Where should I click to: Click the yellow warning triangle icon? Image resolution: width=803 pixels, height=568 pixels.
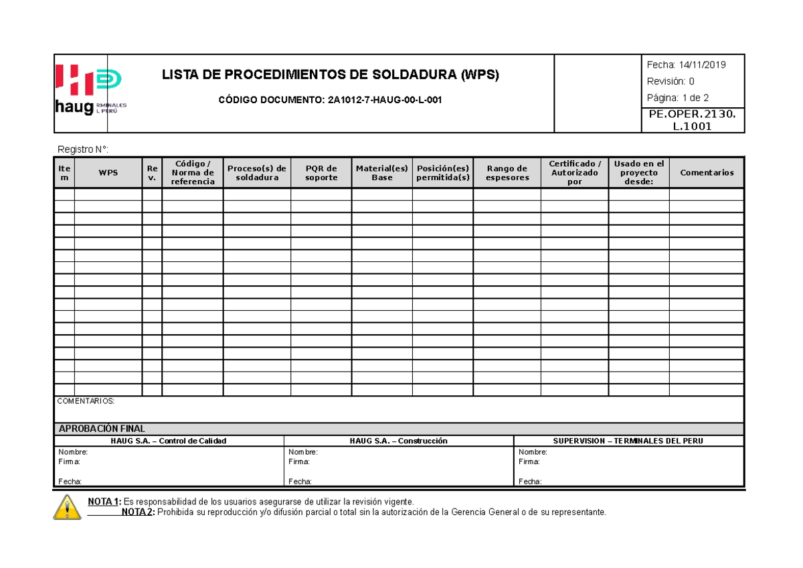tap(67, 507)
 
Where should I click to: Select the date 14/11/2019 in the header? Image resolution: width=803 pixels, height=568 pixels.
tap(702, 65)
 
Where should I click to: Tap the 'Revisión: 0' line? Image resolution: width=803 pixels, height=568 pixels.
tap(671, 82)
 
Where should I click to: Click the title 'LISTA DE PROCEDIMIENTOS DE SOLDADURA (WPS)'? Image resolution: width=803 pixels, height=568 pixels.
tap(331, 75)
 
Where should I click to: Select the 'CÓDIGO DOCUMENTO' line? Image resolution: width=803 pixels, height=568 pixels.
tap(331, 100)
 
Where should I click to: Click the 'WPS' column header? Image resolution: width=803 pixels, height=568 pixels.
tap(108, 173)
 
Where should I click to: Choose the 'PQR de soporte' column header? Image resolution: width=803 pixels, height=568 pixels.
tap(321, 173)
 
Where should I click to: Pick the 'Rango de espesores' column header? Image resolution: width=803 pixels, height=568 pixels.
tap(507, 173)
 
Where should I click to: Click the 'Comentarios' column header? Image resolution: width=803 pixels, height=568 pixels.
tap(707, 173)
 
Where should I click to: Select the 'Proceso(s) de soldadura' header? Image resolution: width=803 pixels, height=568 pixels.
tap(257, 173)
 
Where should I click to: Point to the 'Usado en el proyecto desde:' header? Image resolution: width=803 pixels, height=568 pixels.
tap(639, 173)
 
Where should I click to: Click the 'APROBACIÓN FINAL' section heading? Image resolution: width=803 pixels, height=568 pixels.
tap(102, 429)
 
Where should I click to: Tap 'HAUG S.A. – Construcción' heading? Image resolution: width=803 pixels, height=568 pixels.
tap(398, 441)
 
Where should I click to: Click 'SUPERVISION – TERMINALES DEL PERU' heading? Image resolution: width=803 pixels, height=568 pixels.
tap(628, 441)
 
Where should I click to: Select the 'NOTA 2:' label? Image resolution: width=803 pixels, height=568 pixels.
tap(138, 512)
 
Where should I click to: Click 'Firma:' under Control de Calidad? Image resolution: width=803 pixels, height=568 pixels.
tap(70, 462)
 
